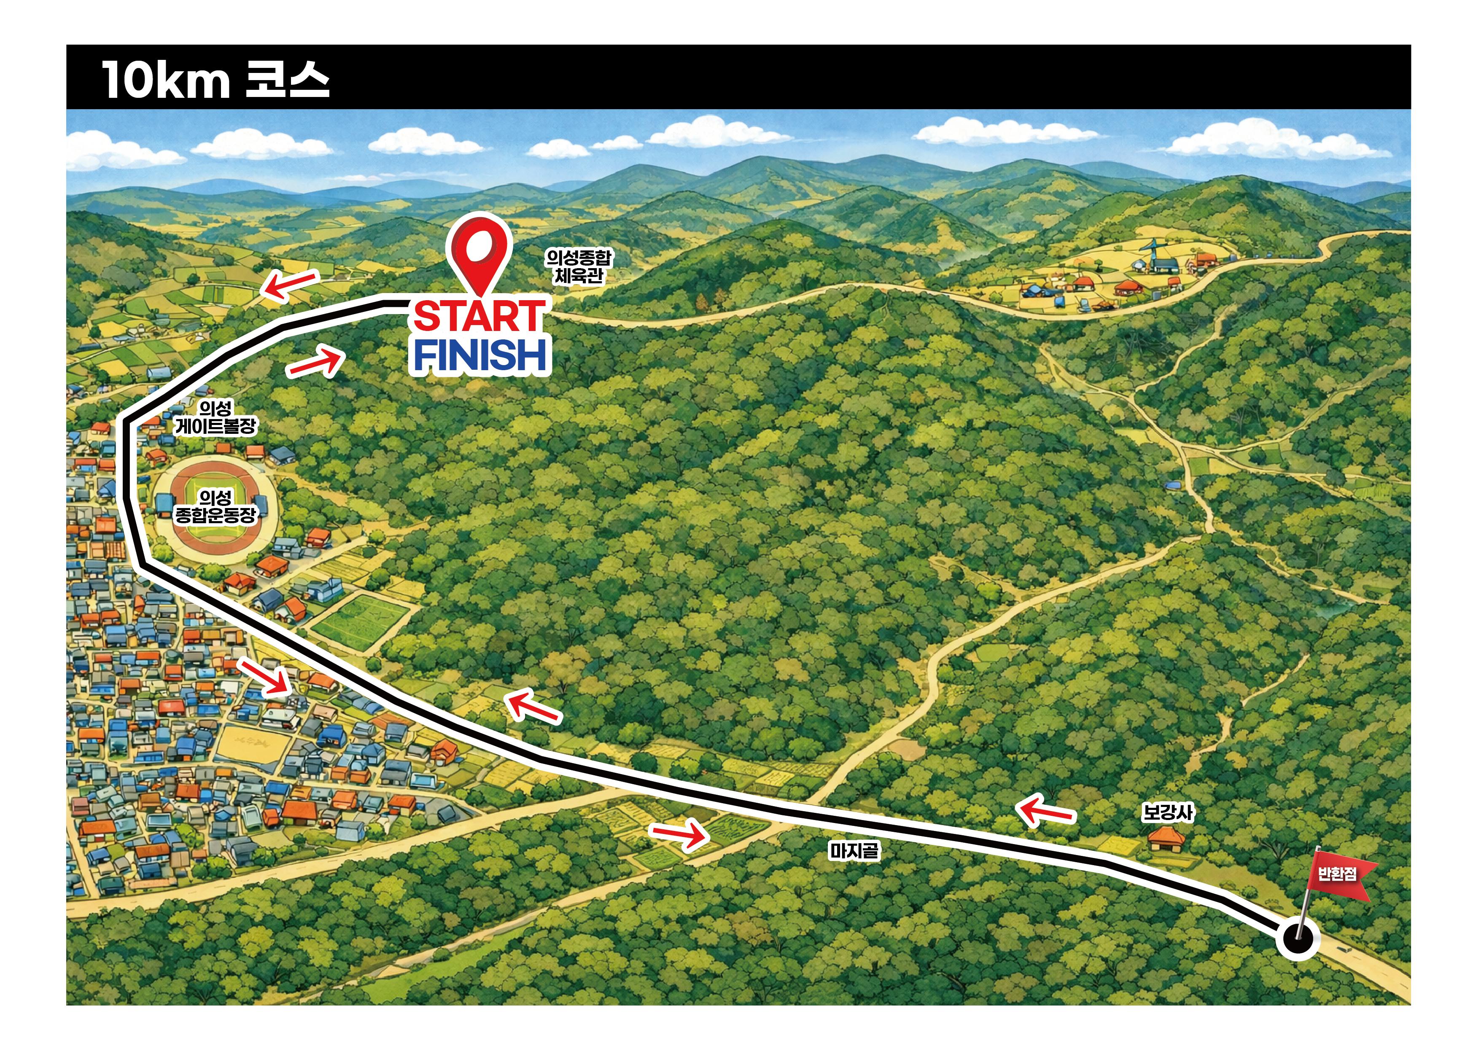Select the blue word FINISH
[x=480, y=355]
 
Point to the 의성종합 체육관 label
[x=579, y=266]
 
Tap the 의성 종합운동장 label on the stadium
[x=215, y=506]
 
